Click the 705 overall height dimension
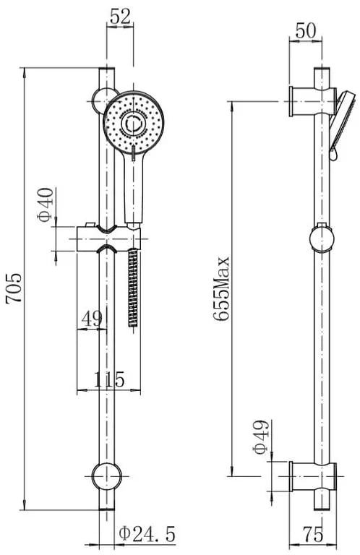point(14,288)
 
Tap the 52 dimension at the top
point(120,17)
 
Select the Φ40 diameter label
point(46,205)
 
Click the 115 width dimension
point(109,379)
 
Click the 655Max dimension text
point(222,289)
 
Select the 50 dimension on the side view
point(305,31)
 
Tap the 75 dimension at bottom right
point(313,534)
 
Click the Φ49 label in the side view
point(260,437)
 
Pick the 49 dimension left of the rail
point(92,319)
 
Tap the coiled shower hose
point(133,287)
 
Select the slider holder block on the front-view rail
point(108,239)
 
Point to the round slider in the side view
point(321,238)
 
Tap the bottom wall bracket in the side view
point(313,476)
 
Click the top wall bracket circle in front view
point(100,100)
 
